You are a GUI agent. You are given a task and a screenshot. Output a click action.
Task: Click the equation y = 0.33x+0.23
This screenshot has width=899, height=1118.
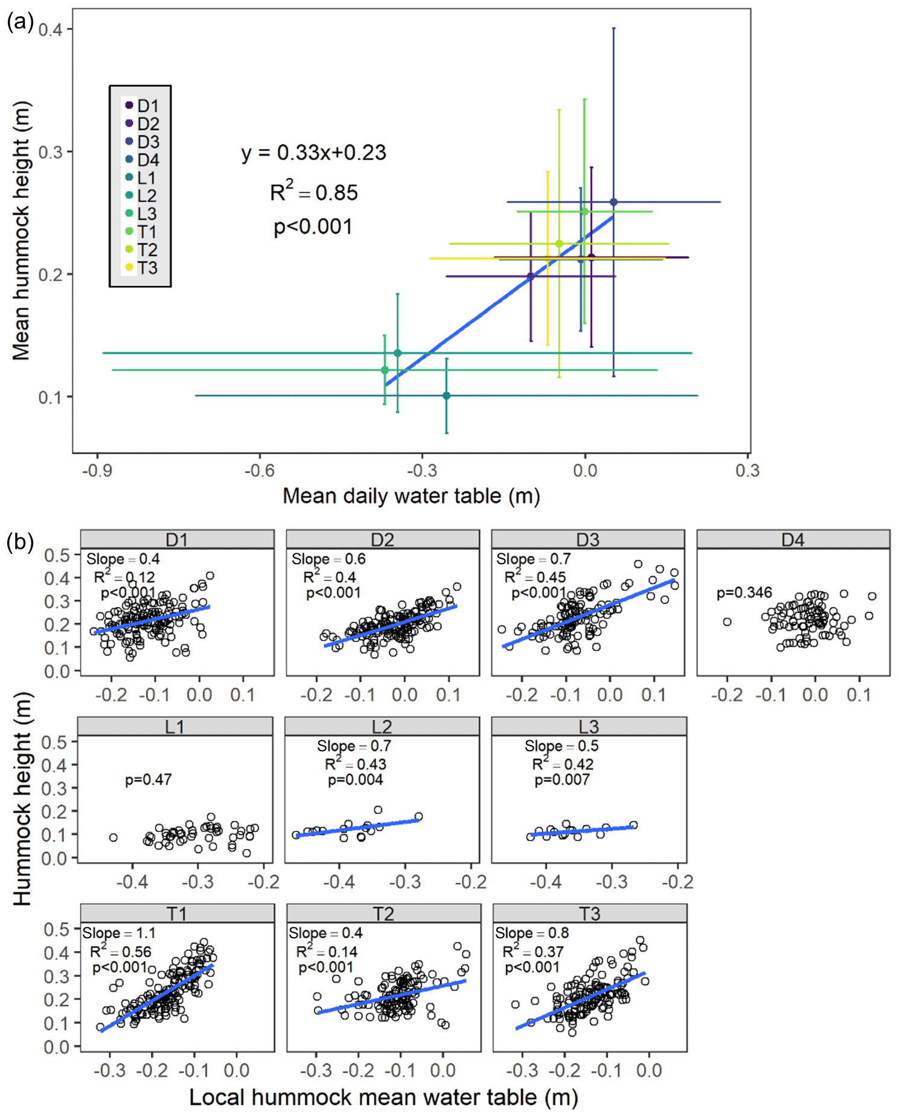(x=313, y=153)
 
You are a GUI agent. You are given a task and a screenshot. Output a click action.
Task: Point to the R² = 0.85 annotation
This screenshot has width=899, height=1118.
(x=313, y=192)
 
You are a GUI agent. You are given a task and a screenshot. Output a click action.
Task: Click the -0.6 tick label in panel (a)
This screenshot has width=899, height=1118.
(x=260, y=471)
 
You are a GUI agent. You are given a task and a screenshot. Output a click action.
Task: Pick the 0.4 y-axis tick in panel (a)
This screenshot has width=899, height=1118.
(x=51, y=30)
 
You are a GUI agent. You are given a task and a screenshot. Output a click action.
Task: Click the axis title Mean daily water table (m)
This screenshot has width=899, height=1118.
(x=411, y=496)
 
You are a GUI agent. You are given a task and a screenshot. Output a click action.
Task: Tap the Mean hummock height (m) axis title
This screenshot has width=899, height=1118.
(x=21, y=230)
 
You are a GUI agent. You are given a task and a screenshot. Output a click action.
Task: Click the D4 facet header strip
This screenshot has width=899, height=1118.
(x=793, y=539)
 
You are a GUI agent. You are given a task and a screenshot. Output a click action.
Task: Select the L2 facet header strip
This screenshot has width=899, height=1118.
(x=382, y=726)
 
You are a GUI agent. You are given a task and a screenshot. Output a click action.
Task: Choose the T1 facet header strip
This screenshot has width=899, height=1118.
(x=177, y=913)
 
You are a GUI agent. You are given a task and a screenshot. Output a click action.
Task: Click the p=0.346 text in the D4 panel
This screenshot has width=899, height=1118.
(x=744, y=593)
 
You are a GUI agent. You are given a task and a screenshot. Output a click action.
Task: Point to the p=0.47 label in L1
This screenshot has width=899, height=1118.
(x=149, y=780)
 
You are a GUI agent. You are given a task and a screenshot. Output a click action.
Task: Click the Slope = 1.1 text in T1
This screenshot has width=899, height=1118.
(x=119, y=933)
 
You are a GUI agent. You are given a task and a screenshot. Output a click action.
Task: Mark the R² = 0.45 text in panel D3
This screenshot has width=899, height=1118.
(x=535, y=577)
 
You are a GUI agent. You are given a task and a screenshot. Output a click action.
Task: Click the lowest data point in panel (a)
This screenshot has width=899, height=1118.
(x=446, y=396)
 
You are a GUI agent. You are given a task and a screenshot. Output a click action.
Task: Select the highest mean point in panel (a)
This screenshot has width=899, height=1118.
(x=613, y=202)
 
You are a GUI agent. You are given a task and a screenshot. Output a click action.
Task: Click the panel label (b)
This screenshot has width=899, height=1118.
(x=19, y=542)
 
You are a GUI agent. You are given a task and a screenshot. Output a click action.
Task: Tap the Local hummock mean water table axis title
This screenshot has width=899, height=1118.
(x=383, y=1097)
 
